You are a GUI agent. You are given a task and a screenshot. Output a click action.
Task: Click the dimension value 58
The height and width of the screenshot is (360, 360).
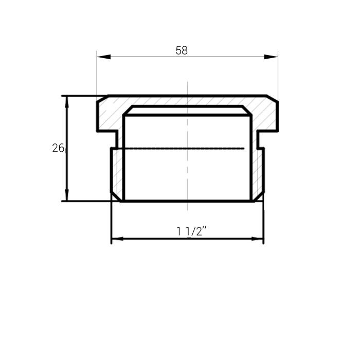pyautogui.click(x=182, y=50)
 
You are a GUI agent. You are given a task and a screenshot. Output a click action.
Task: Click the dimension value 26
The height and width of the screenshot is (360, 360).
pyautogui.click(x=58, y=148)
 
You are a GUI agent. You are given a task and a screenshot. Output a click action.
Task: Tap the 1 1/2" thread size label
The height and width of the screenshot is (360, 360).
pyautogui.click(x=191, y=231)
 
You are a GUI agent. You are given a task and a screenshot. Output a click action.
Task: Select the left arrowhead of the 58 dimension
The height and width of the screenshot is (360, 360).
pyautogui.click(x=104, y=57)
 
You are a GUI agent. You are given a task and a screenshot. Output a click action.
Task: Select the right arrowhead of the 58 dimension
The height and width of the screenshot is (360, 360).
pyautogui.click(x=271, y=57)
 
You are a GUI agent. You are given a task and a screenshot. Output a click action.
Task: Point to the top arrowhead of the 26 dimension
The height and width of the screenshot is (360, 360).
pyautogui.click(x=67, y=102)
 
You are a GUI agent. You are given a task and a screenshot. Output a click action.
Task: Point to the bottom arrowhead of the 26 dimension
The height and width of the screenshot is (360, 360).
pyautogui.click(x=67, y=195)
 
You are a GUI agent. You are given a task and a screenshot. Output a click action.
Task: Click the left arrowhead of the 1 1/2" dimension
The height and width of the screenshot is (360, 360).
pyautogui.click(x=117, y=239)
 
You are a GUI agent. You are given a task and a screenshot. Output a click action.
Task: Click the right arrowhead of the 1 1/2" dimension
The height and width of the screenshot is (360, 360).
pyautogui.click(x=257, y=239)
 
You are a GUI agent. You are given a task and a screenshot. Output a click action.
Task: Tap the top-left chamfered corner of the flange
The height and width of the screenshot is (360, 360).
pyautogui.click(x=103, y=98)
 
